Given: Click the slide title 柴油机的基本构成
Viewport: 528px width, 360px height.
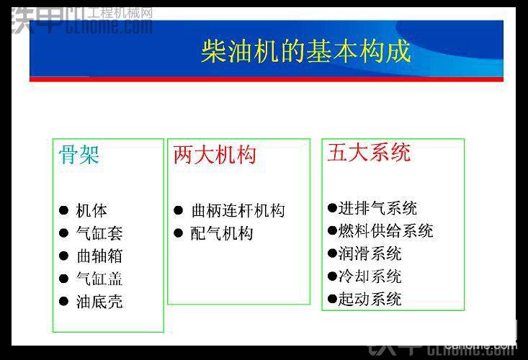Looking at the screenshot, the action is [x=305, y=51].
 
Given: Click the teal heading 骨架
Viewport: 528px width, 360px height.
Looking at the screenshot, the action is [x=79, y=155].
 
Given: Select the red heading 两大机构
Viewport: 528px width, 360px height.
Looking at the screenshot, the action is [x=215, y=155].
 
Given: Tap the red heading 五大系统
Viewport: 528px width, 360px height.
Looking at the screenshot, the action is [x=369, y=153].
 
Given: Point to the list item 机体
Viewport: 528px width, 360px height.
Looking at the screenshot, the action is [x=91, y=211].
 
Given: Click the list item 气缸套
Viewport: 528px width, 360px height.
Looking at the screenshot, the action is [x=99, y=233].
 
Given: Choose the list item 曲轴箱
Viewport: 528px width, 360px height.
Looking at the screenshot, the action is [x=99, y=256].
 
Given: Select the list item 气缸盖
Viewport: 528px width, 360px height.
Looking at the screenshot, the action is [x=99, y=279].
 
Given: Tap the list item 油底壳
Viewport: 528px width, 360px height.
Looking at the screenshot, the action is [x=99, y=302].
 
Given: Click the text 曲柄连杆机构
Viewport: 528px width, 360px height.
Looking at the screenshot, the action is [x=238, y=211].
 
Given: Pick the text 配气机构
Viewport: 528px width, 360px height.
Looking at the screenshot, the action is [x=222, y=233].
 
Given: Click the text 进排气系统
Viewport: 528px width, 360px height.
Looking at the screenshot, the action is [x=377, y=208].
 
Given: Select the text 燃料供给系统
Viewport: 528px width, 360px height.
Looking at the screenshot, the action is [x=385, y=231].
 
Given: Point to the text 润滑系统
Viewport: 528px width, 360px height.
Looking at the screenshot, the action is [x=370, y=253].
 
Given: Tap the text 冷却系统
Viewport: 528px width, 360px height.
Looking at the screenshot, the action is [x=370, y=276].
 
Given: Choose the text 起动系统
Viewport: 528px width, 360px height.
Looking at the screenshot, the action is [x=370, y=299].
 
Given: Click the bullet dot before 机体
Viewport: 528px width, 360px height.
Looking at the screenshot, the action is [x=63, y=211].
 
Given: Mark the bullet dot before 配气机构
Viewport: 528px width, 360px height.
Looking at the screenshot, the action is [x=178, y=233].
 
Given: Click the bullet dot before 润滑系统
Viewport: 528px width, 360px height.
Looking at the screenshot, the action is [x=332, y=253].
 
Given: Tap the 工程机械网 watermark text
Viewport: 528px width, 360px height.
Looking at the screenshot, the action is [x=120, y=13].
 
